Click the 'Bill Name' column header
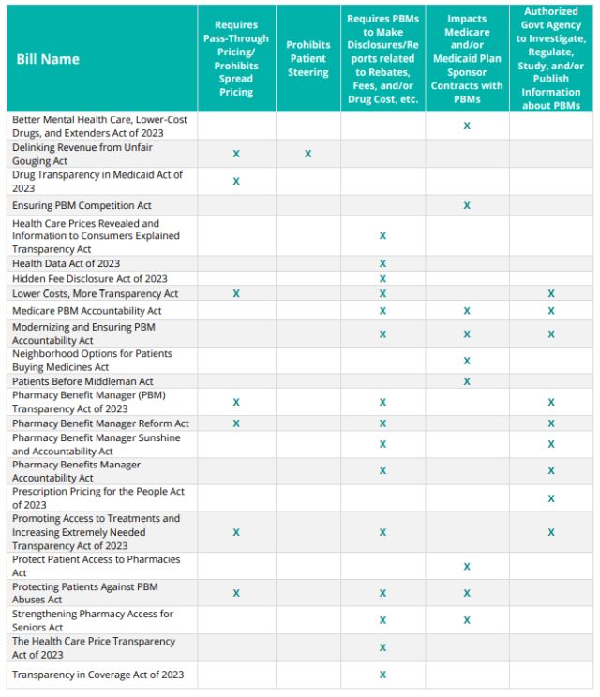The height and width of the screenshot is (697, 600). coord(48,59)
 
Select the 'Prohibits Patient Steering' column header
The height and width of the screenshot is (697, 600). coord(307,58)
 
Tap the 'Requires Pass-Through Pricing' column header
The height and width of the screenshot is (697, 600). coord(236,58)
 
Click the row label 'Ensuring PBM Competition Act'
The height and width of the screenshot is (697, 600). coord(82,205)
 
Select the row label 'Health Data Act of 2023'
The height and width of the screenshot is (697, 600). coord(67,263)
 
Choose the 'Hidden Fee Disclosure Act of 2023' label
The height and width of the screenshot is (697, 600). coord(90,278)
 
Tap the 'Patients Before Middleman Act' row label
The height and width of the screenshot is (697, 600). coord(82,381)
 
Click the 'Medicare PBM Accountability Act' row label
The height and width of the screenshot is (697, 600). coord(87,310)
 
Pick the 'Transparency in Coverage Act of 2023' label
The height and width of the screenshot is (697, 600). coord(98,675)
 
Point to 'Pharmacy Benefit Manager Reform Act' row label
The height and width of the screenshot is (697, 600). coord(100,423)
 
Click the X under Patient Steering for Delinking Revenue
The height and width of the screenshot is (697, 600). coord(308,153)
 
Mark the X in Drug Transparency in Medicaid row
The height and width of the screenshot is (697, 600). coord(236,181)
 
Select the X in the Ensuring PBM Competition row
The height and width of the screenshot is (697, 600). coord(467,205)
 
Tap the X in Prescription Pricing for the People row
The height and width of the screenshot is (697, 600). coord(551,498)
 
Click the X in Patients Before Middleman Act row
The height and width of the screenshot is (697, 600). coord(467,381)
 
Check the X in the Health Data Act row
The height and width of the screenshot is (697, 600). coord(382,263)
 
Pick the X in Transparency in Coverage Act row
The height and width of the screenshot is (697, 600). coord(382,675)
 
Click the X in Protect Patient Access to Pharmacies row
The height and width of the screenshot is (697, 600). coord(467,567)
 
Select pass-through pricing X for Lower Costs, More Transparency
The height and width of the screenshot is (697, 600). coord(236,293)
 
